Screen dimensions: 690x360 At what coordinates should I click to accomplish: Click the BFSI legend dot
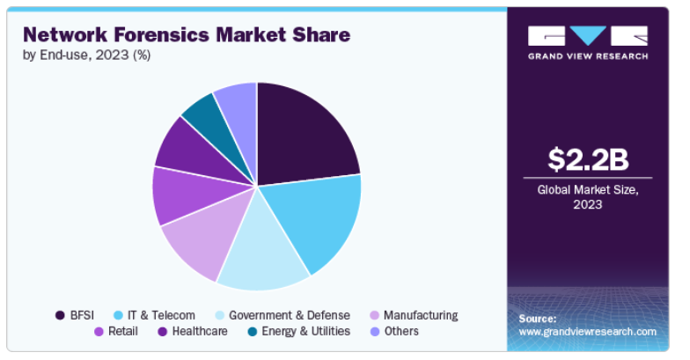click(60, 315)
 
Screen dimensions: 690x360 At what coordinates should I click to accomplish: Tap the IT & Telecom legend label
click(161, 315)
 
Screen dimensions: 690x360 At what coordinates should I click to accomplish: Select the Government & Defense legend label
click(289, 315)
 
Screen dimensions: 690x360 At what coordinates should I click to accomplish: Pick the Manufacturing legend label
click(421, 315)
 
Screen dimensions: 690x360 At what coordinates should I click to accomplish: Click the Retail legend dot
click(99, 331)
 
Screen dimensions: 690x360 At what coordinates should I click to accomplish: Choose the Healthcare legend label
click(200, 331)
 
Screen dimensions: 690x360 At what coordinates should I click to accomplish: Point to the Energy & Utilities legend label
click(306, 331)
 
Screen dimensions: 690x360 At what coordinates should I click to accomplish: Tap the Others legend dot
click(375, 331)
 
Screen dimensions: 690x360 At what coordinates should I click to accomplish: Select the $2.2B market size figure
click(588, 159)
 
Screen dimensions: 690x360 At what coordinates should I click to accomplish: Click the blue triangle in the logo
click(588, 35)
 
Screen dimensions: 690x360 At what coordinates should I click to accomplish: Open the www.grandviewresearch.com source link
click(588, 332)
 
